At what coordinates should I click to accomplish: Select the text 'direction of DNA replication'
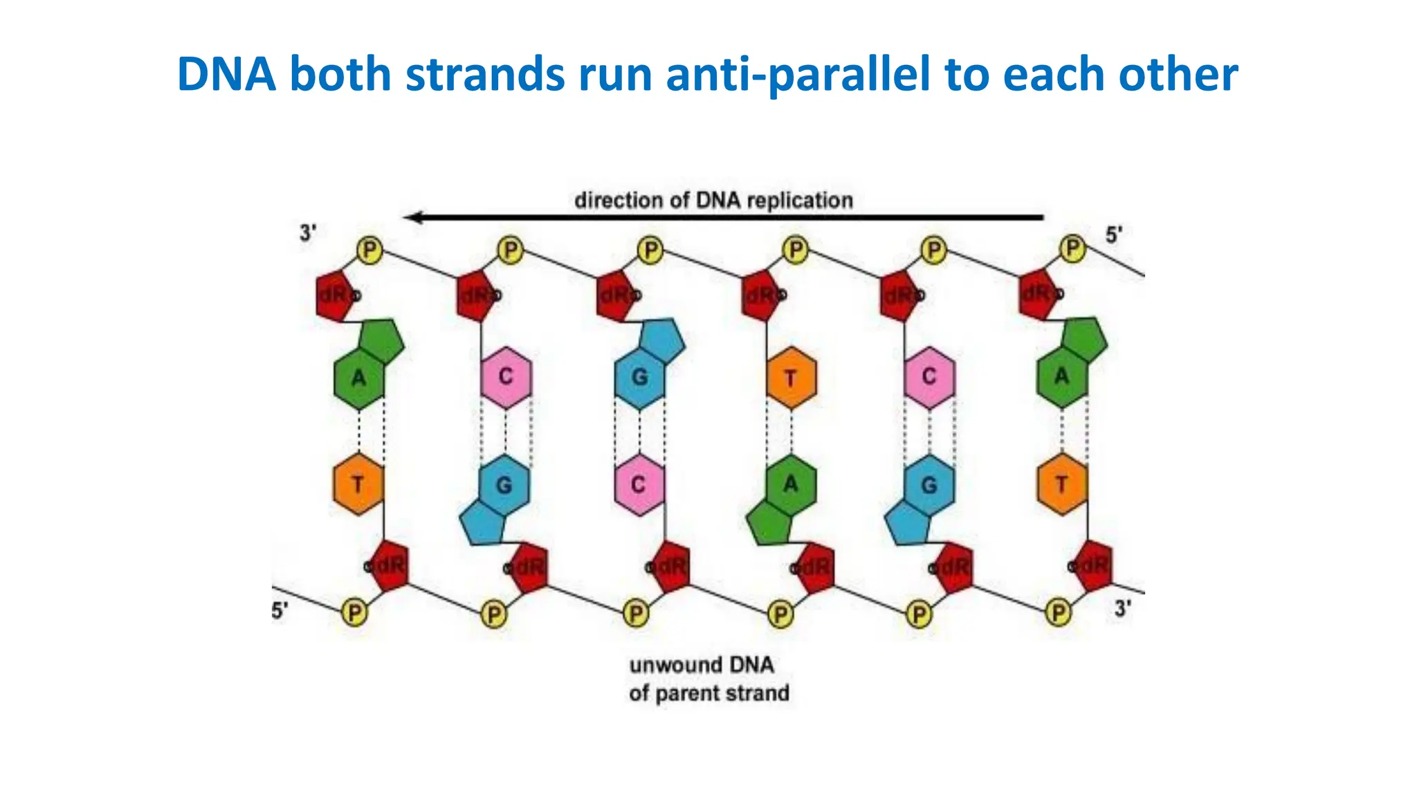coord(713,201)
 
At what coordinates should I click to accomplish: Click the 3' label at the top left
coord(308,234)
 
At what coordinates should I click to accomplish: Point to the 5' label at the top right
coord(1113,235)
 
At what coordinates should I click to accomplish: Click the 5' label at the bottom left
coord(280,611)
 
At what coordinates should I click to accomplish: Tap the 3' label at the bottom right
coord(1122,609)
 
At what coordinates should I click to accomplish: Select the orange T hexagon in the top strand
coord(791,378)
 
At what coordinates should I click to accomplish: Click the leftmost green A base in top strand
coord(359,378)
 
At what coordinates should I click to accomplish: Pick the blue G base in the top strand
coord(640,378)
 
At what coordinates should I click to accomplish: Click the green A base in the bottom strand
coord(790,484)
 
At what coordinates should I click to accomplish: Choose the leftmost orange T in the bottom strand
coord(358,484)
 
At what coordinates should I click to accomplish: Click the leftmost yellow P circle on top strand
coord(369,250)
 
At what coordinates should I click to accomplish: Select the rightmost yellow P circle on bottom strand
coord(1058,613)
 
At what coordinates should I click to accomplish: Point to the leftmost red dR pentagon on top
coord(334,295)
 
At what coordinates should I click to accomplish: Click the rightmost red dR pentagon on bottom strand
coord(1094,566)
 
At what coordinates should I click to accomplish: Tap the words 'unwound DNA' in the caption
coord(701,665)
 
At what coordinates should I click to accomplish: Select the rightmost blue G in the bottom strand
coord(929,484)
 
